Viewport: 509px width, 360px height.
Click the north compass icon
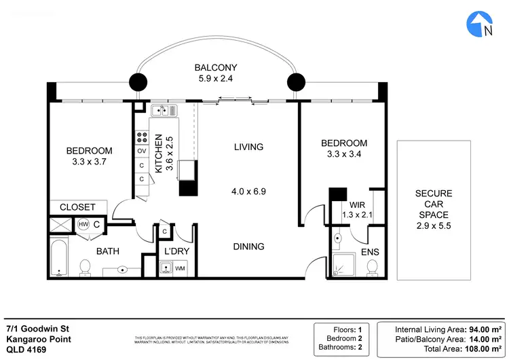480,24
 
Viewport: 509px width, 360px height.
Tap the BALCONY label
216,67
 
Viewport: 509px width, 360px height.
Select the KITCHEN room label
159,155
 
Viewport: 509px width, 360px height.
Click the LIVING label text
248,147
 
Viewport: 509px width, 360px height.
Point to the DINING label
248,247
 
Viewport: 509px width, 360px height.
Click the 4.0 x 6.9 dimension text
248,192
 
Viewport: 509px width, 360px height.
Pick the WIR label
358,204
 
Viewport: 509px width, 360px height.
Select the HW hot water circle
83,223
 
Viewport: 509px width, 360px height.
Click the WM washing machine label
180,269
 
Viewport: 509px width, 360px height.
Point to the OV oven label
143,151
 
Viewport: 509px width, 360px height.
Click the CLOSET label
77,207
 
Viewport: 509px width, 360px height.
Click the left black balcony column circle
138,83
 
